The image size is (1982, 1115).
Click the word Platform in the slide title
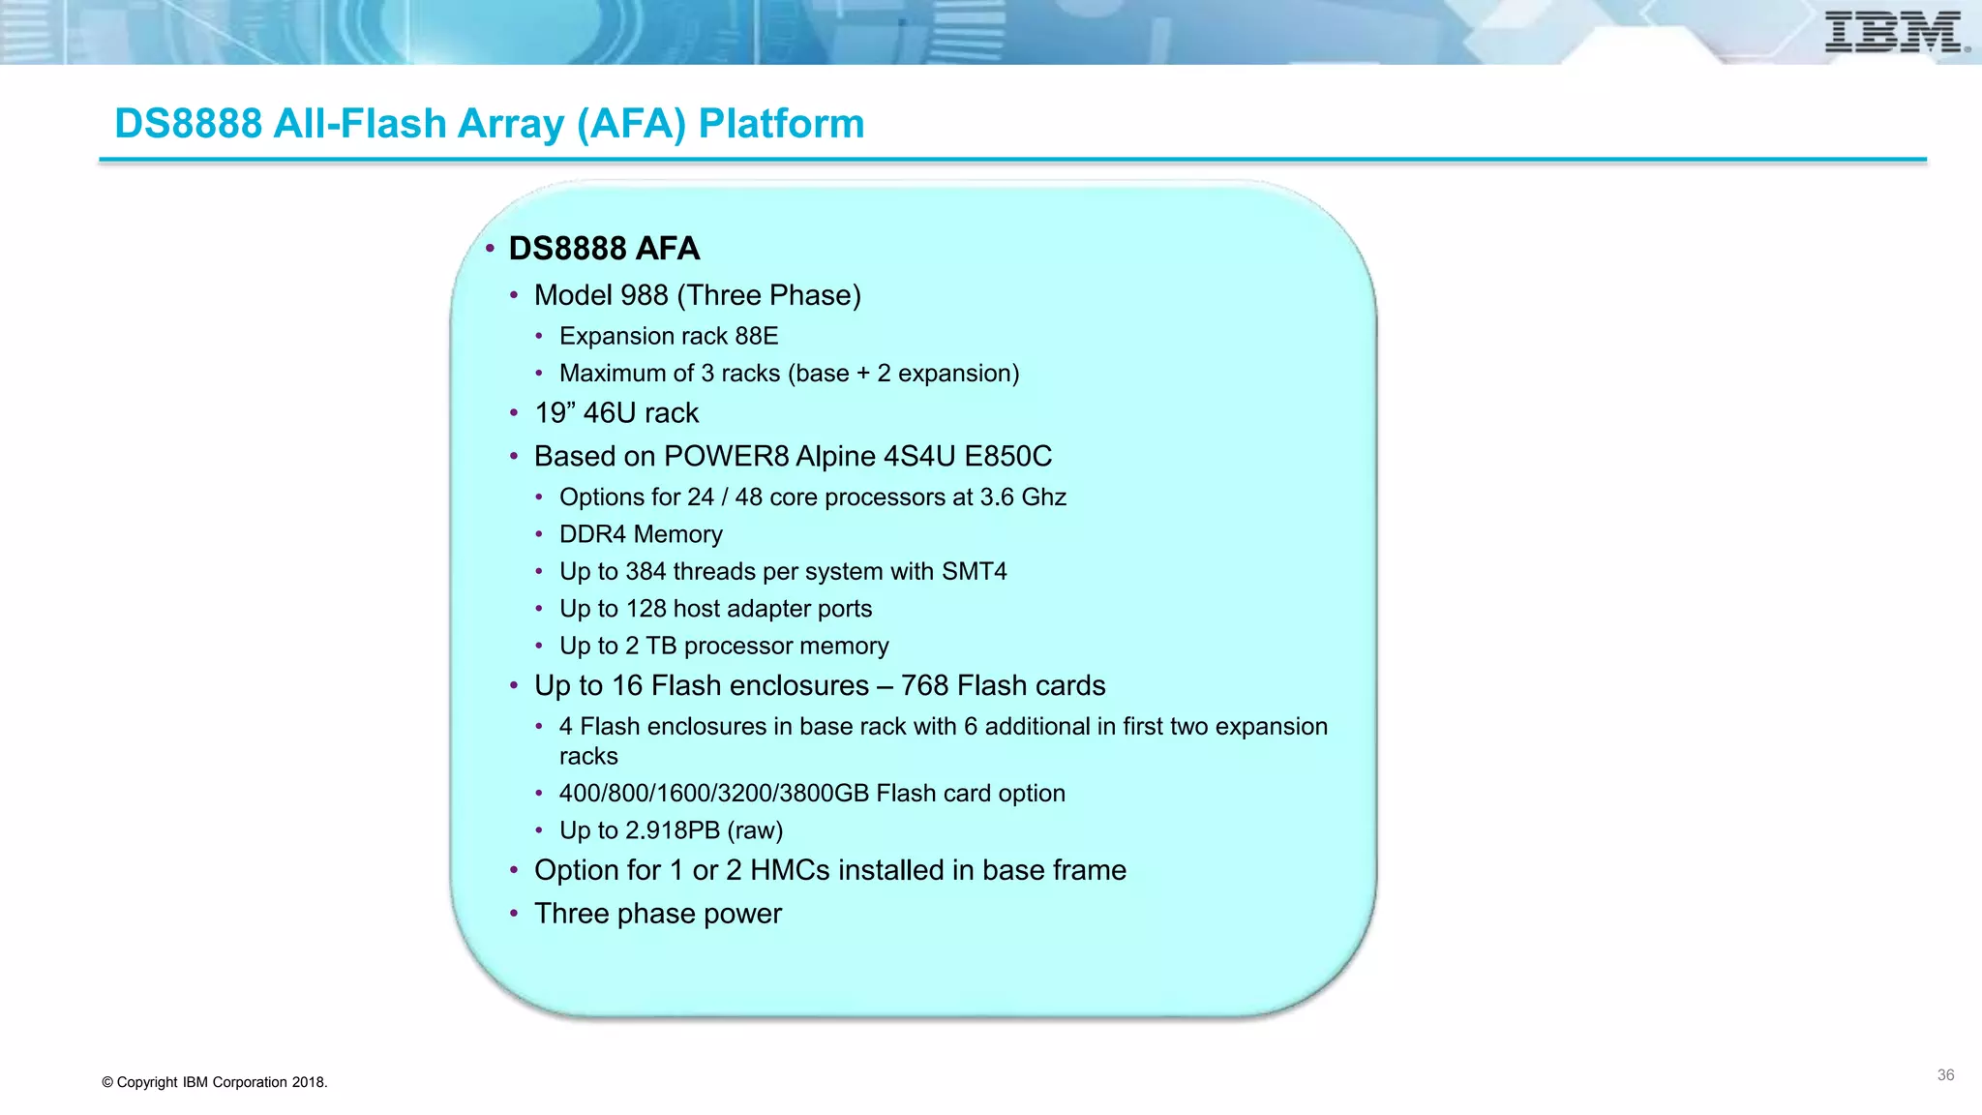pos(781,124)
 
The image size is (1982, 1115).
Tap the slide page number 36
pos(1945,1075)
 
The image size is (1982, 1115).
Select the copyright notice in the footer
pos(215,1082)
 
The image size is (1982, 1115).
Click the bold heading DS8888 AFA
pos(604,249)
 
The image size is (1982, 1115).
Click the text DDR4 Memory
pos(641,534)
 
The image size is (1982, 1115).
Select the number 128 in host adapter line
pos(646,609)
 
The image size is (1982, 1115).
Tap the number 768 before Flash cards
pos(924,686)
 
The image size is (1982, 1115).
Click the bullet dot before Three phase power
pos(515,914)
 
